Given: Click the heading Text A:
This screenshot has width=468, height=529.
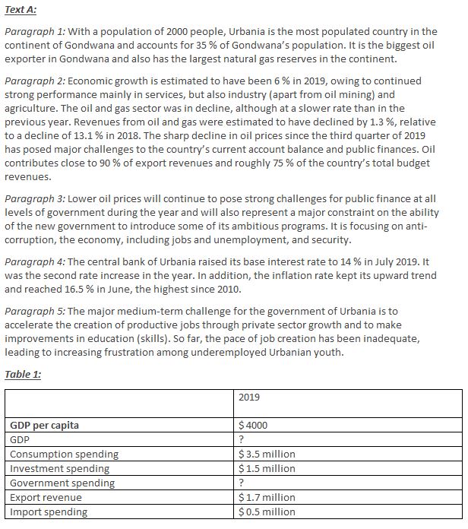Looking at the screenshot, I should tap(21, 10).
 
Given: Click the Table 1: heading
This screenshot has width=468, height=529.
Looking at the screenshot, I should tap(23, 374).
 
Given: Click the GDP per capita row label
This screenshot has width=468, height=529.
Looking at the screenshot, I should tap(44, 426).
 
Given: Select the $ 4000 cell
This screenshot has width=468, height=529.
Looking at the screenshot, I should tap(253, 426).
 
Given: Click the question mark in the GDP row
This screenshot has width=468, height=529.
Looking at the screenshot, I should tap(241, 439).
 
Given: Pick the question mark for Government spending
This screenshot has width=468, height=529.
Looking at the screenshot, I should tap(241, 483).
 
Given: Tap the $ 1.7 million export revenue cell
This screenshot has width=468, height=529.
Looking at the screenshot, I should tap(267, 497).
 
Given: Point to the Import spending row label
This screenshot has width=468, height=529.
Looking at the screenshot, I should tap(49, 512).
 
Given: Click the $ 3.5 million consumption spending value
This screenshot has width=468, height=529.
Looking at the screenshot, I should tap(267, 454).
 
